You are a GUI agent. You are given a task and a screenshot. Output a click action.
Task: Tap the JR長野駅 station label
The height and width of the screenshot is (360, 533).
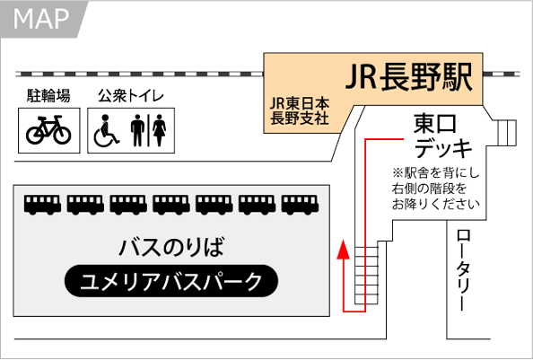[409, 77]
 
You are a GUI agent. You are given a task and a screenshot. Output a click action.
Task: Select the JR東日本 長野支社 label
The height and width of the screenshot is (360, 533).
[300, 110]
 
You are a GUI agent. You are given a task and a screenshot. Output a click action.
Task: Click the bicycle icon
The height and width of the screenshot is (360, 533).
[48, 129]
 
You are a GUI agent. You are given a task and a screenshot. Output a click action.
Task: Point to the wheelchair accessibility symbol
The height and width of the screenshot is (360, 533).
[106, 130]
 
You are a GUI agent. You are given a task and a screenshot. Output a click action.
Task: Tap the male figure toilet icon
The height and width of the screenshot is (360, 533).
[137, 130]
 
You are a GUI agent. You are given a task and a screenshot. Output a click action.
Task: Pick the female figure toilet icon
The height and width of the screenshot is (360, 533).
[159, 130]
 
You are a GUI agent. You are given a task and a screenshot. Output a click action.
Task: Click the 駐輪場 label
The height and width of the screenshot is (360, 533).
[48, 95]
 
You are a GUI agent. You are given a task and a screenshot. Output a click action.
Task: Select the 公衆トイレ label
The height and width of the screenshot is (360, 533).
[131, 95]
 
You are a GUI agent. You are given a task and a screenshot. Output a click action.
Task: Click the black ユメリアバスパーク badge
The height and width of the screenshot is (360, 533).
[171, 281]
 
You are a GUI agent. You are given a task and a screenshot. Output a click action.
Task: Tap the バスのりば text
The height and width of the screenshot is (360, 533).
[171, 247]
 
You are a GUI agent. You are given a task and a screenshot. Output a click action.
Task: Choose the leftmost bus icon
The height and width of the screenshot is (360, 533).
[42, 205]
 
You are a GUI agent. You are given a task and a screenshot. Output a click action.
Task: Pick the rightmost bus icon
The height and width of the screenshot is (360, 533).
[301, 205]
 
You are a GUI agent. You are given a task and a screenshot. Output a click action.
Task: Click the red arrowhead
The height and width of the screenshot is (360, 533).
[344, 250]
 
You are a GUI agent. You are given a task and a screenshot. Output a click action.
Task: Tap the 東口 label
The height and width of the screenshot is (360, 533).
[435, 124]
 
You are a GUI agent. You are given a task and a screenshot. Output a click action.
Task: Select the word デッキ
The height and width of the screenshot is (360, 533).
[443, 148]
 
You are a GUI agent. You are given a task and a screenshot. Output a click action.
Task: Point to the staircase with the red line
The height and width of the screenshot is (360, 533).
[366, 275]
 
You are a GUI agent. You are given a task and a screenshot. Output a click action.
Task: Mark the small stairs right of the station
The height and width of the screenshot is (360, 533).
[507, 133]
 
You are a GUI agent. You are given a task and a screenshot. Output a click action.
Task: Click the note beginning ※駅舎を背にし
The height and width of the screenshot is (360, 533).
[435, 189]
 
